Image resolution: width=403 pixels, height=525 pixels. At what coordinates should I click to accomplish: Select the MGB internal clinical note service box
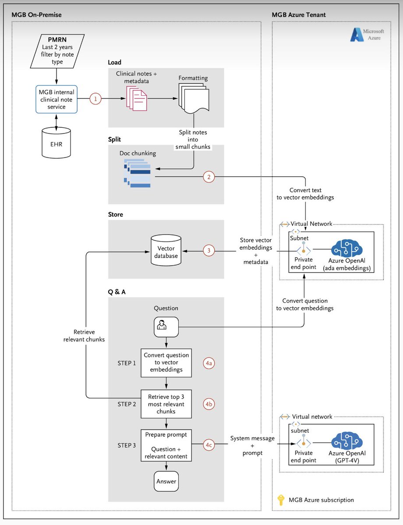57,99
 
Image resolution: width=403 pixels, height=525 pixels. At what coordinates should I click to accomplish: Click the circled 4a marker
209,363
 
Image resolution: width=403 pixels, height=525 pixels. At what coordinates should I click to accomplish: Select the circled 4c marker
209,445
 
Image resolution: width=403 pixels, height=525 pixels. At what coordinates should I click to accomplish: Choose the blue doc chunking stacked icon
138,174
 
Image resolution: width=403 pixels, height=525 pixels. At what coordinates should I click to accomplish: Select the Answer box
166,481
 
